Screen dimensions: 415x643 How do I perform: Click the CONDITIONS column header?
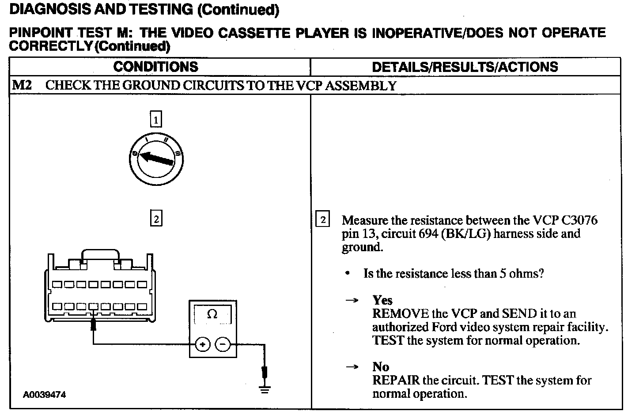point(155,67)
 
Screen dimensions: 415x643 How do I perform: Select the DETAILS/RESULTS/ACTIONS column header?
point(465,67)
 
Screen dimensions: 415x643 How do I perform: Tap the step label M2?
point(22,86)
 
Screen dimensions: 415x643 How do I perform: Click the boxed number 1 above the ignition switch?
point(156,120)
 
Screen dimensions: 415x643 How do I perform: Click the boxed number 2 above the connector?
point(156,219)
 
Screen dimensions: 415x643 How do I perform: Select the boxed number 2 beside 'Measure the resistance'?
point(323,220)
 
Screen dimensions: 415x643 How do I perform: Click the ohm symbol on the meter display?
point(212,314)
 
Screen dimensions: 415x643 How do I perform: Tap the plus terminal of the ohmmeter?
point(203,344)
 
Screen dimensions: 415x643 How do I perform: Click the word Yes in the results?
point(382,300)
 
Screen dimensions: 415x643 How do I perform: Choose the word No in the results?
point(381,367)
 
